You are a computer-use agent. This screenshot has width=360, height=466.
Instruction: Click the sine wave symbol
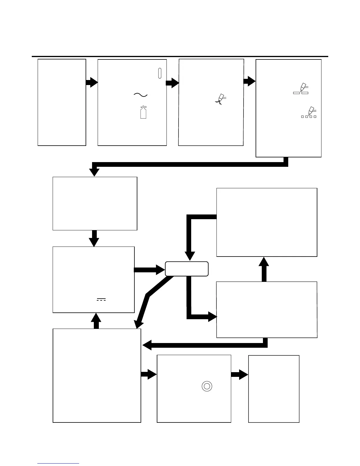(x=141, y=94)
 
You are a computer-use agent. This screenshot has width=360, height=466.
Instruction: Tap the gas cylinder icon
(x=143, y=112)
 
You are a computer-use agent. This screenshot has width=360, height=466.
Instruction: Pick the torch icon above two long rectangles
(x=301, y=89)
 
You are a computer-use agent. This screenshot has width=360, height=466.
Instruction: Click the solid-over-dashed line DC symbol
(x=101, y=299)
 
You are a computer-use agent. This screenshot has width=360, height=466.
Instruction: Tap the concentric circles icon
(x=207, y=386)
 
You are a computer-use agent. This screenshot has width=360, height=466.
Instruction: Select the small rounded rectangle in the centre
(x=187, y=269)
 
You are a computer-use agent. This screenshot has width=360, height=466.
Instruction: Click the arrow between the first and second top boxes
(x=92, y=82)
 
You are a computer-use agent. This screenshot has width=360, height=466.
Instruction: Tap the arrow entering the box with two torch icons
(x=250, y=81)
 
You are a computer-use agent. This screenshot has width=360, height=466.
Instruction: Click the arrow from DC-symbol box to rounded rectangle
(x=149, y=270)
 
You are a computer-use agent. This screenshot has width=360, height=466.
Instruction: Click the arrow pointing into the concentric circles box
(x=149, y=374)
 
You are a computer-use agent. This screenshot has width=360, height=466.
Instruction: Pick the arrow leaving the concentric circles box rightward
(x=239, y=375)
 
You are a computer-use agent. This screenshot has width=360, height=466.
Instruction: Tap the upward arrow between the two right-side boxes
(x=264, y=269)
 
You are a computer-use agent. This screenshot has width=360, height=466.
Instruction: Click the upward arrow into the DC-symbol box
(x=96, y=321)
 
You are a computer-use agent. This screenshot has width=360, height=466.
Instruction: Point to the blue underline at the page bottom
(x=58, y=464)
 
